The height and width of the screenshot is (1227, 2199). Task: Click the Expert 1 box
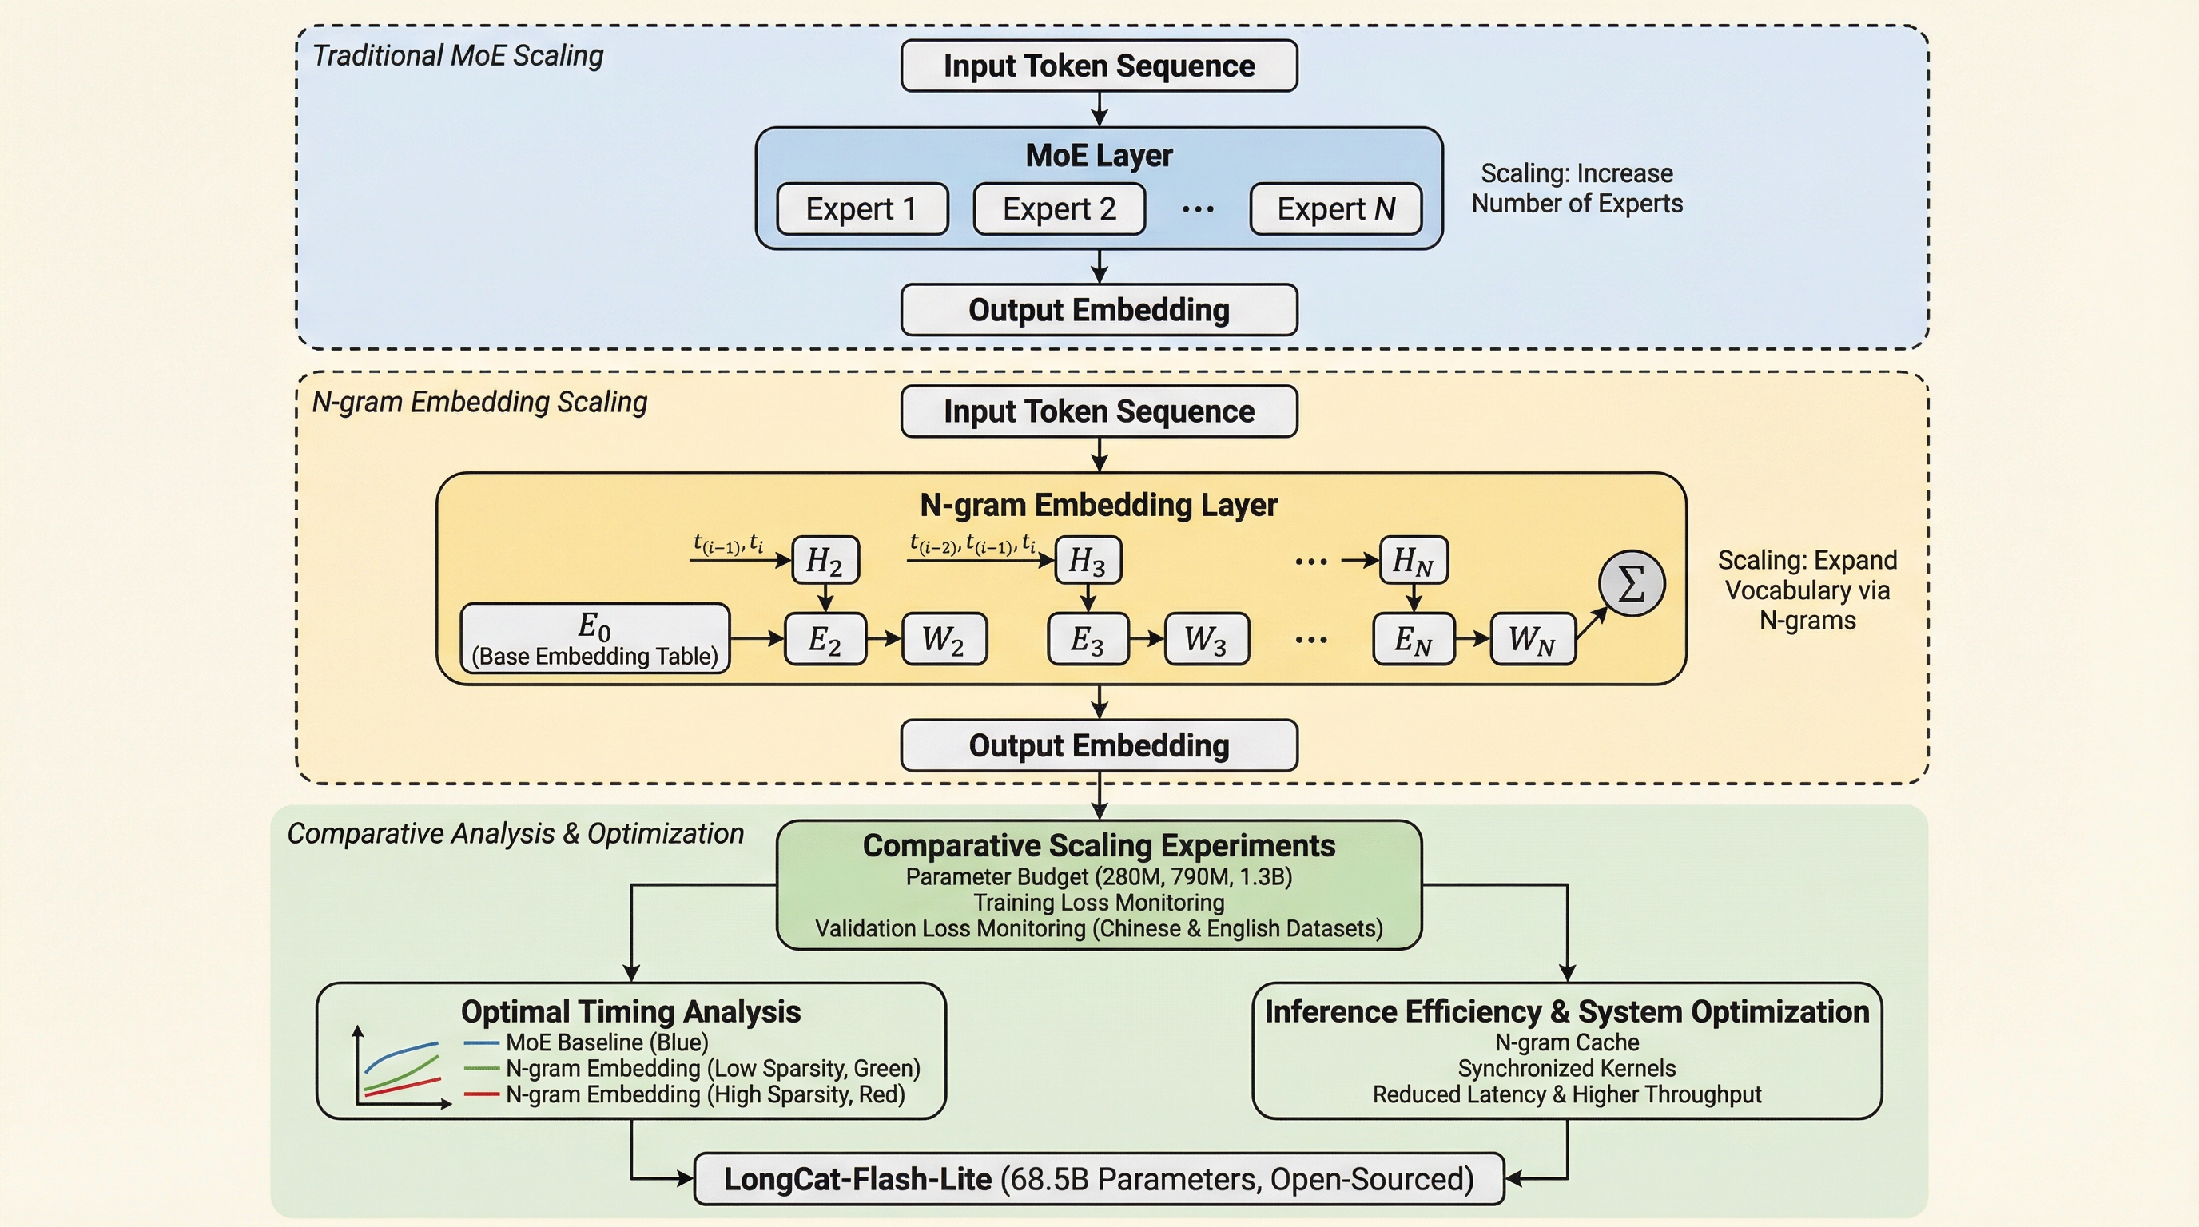coord(862,209)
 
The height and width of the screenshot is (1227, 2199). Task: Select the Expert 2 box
coord(1060,209)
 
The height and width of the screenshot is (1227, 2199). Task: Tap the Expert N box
coord(1336,209)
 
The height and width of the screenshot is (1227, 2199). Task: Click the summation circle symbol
coord(1632,584)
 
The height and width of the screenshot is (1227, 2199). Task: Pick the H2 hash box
coord(825,561)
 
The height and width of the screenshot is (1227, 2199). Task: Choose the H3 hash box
coord(1088,561)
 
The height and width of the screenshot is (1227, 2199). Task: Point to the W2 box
coord(944,639)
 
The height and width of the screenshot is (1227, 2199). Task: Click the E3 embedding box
coord(1088,639)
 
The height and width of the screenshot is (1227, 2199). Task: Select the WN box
coord(1533,639)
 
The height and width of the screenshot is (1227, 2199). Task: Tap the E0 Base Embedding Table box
coord(595,639)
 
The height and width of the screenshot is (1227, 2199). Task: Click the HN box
coord(1414,561)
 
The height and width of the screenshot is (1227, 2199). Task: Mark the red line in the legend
coord(482,1094)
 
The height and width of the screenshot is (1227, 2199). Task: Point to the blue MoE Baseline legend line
coord(482,1042)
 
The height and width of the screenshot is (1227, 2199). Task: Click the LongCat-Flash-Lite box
coord(1099,1179)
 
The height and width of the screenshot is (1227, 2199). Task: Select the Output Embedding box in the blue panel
coord(1099,310)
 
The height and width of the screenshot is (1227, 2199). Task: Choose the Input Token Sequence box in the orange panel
coord(1099,411)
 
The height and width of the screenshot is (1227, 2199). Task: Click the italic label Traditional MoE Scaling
coord(458,55)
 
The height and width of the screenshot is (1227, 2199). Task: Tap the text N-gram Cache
coord(1566,1042)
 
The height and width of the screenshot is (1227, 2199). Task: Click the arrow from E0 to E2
coord(758,638)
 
